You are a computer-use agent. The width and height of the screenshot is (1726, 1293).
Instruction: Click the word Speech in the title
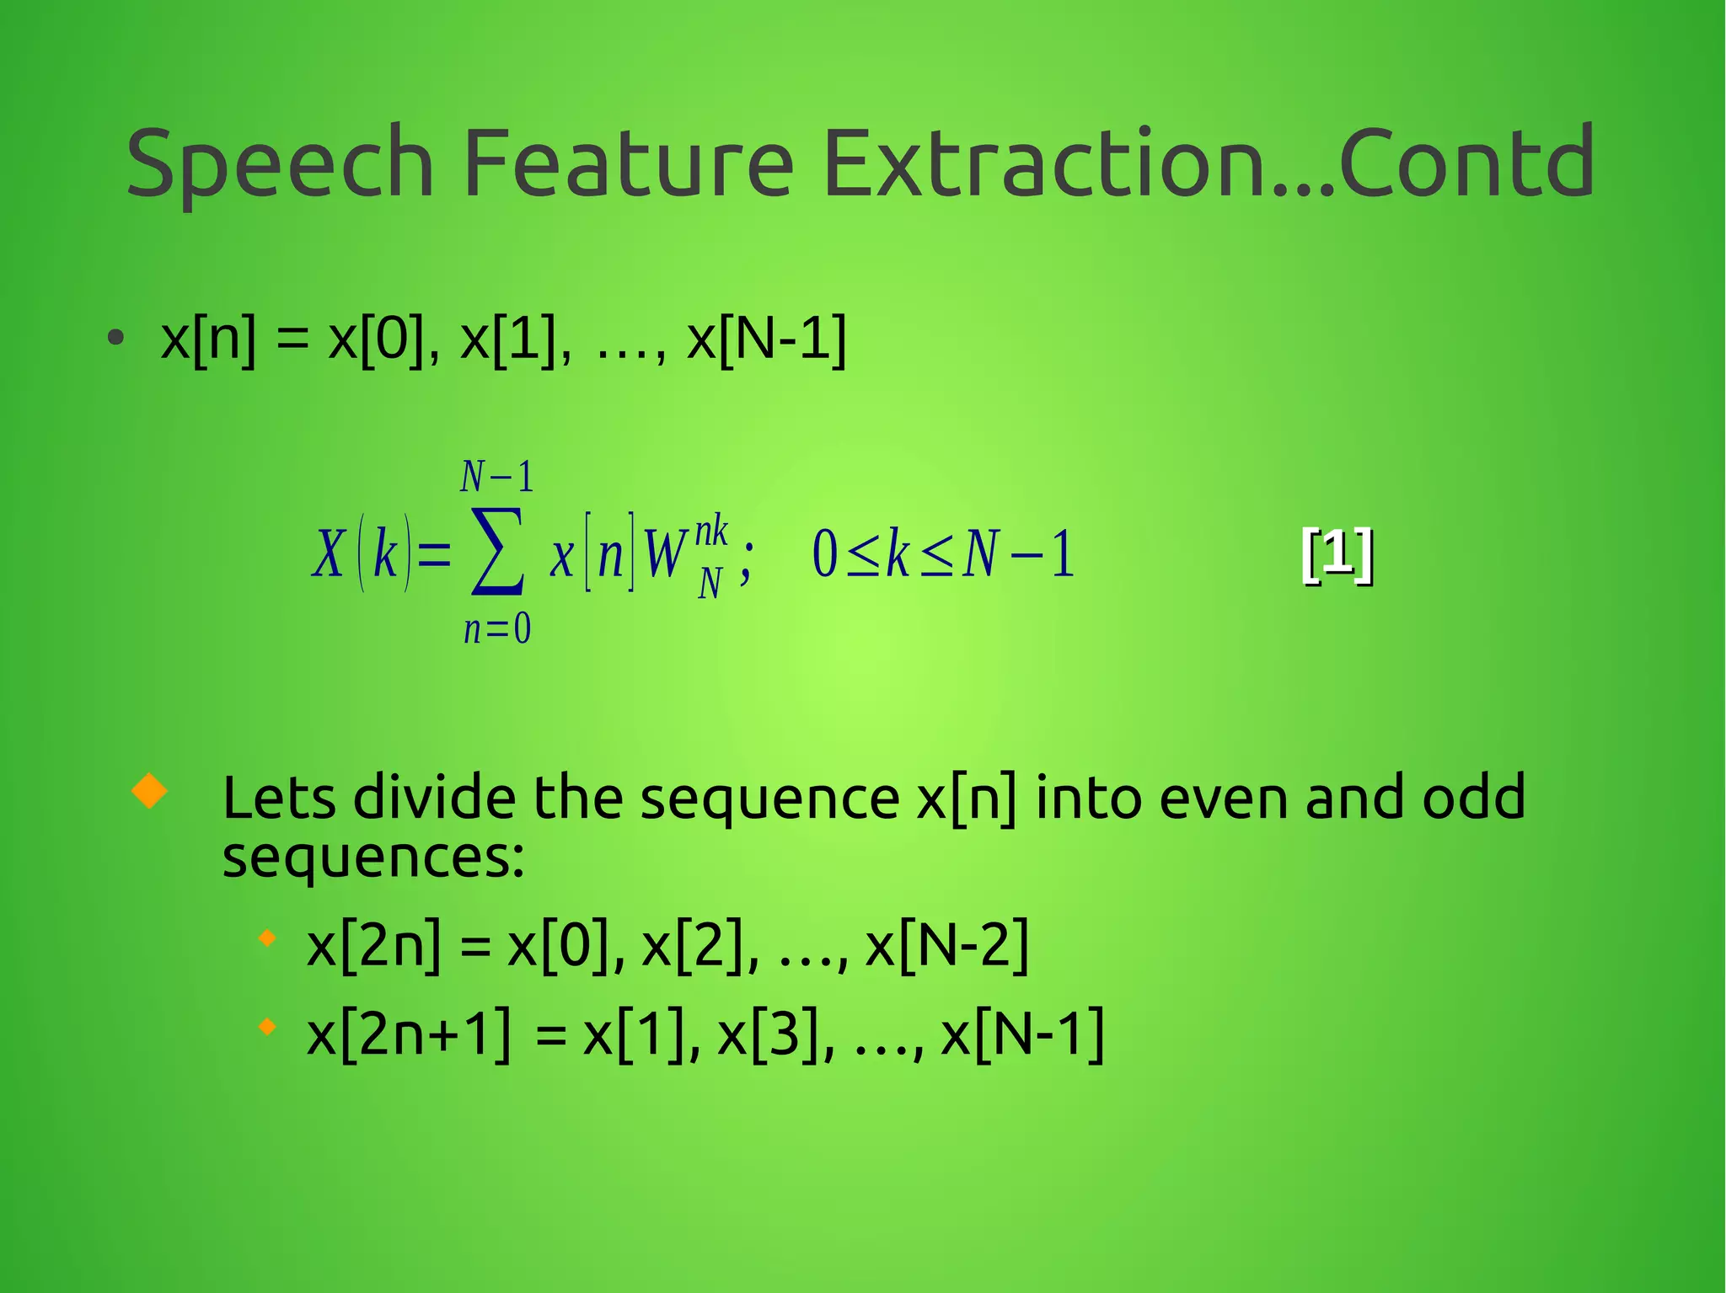point(279,163)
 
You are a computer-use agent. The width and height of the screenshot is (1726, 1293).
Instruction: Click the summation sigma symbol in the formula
point(497,552)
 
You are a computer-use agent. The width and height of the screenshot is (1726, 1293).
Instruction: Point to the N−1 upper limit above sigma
point(497,477)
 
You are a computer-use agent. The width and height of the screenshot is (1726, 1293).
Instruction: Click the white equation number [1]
point(1337,553)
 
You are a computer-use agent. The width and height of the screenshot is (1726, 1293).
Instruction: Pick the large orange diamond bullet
point(150,791)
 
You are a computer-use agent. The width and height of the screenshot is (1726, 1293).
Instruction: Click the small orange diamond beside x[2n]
point(267,938)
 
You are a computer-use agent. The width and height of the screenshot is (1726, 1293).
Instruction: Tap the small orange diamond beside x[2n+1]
point(267,1027)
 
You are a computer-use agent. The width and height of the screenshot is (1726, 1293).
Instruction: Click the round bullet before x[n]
point(116,339)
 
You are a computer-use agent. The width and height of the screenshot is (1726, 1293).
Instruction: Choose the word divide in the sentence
point(433,797)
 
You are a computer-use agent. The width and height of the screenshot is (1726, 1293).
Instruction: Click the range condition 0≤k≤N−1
point(943,554)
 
